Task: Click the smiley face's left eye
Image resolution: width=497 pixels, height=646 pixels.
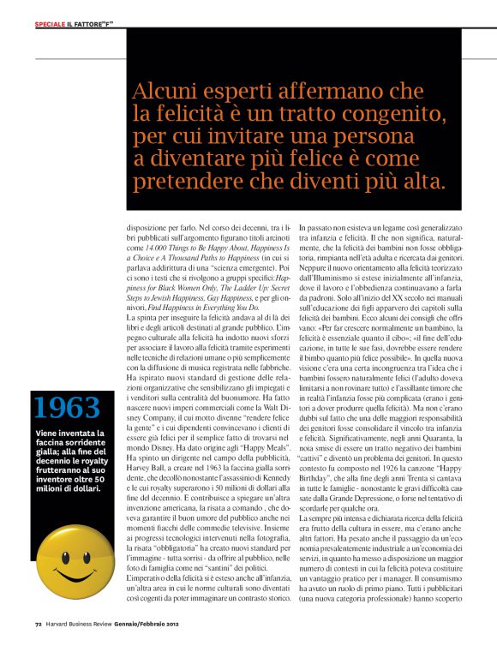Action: (x=53, y=556)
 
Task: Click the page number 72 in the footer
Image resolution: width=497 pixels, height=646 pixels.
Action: (x=39, y=635)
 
